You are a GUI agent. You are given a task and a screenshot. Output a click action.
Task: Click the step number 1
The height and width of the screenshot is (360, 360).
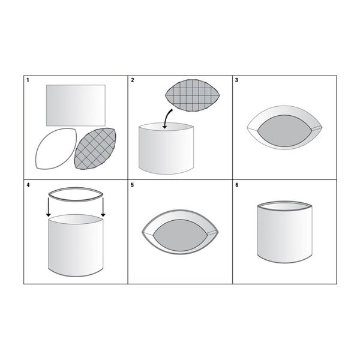28,80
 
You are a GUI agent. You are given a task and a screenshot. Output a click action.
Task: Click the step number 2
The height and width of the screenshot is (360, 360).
133,80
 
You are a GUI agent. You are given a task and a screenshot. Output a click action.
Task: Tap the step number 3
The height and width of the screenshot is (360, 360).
237,80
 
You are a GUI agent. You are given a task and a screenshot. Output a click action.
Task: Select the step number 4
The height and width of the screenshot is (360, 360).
28,185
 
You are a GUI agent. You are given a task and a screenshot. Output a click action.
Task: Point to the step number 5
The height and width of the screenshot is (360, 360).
132,185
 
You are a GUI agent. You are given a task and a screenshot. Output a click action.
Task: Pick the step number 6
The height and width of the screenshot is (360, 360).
237,185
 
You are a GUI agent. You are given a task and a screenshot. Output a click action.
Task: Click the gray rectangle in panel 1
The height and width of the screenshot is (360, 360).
76,106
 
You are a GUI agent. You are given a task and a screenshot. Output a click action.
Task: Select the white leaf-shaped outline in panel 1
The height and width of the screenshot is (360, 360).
56,149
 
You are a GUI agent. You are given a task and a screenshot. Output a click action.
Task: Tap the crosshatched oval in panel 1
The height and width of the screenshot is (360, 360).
95,149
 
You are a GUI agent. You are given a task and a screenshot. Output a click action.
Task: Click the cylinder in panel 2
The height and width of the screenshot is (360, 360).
166,149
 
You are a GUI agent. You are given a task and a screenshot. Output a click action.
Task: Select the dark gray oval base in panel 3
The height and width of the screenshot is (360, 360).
284,131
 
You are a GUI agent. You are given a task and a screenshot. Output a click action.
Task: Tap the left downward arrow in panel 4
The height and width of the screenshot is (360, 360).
48,207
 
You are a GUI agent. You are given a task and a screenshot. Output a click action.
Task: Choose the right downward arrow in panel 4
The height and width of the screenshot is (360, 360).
103,207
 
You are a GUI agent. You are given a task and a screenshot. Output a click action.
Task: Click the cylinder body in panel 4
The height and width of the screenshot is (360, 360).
76,245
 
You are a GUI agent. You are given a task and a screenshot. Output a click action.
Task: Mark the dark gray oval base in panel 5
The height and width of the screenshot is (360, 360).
180,235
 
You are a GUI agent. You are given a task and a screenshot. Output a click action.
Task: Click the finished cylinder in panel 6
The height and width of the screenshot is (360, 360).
284,232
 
